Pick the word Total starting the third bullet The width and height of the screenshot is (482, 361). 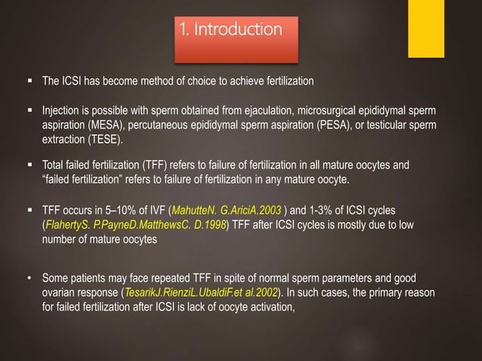point(54,164)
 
